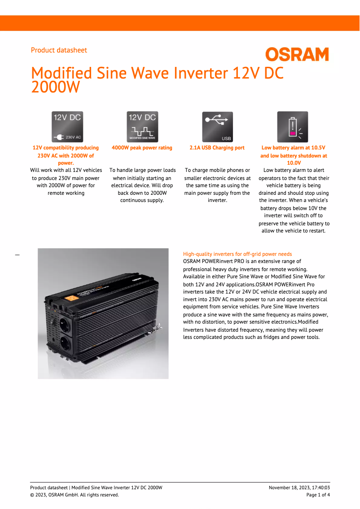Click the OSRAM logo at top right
pos(297,55)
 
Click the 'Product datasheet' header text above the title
pos(59,50)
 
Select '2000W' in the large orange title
pos(55,87)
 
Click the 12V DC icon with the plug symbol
pos(67,127)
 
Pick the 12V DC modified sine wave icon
pos(142,127)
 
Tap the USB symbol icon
pos(217,127)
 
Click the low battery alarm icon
pos(293,127)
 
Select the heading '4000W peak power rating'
pos(142,148)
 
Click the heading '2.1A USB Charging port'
pos(217,148)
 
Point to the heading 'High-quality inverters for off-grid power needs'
pos(237,254)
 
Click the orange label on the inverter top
pos(70,298)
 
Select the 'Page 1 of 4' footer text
pos(318,495)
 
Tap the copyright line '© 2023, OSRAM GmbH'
pos(75,495)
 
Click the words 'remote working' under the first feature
pos(66,193)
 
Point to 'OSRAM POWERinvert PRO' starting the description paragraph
pos(212,261)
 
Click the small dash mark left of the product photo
pos(18,254)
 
